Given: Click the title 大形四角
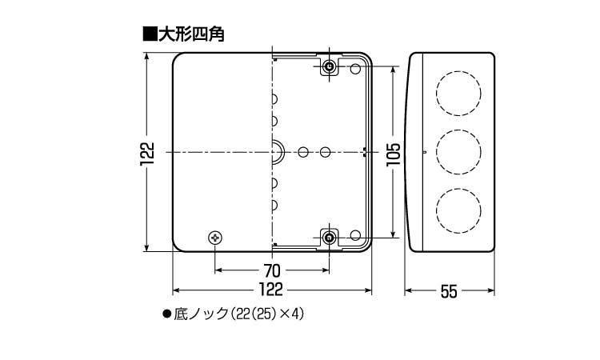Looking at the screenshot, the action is click(191, 34).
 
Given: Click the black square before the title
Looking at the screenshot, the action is click(150, 34).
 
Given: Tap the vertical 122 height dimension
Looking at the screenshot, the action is click(147, 154).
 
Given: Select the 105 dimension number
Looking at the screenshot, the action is click(393, 154).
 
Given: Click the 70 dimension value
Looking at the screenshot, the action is click(272, 271).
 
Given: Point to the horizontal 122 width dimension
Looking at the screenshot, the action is click(271, 290).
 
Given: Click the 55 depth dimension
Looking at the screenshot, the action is click(449, 291).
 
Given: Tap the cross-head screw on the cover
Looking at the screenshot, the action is click(215, 238).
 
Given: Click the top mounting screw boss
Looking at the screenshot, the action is click(329, 68).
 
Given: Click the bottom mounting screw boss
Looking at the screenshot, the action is click(329, 238).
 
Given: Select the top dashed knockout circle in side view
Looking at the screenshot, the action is click(458, 94).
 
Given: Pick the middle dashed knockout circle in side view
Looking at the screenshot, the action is click(458, 152).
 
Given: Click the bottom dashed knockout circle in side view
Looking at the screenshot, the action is click(458, 210).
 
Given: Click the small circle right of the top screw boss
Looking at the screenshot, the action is click(355, 70).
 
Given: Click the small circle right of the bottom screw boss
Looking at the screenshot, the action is click(355, 235).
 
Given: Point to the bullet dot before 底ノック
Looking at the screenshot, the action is click(166, 314).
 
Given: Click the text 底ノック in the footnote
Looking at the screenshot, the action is click(201, 314).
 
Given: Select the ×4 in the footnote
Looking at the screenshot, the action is click(287, 314).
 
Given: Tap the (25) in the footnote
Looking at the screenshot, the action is click(262, 314).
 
